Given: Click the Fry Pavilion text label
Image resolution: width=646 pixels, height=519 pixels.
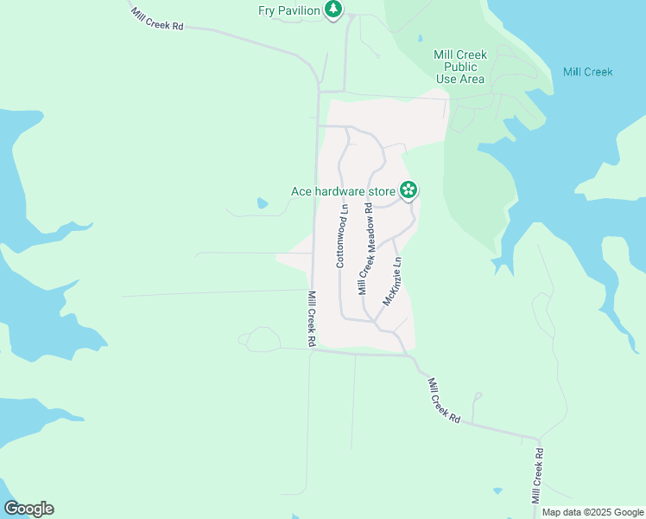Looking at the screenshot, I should pyautogui.click(x=289, y=10).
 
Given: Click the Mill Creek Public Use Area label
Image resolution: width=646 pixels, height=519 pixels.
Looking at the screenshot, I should pyautogui.click(x=459, y=67).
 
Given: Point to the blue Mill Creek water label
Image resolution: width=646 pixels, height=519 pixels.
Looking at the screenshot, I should pyautogui.click(x=587, y=72).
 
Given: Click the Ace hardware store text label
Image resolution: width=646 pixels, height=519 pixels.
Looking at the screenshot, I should pyautogui.click(x=342, y=190).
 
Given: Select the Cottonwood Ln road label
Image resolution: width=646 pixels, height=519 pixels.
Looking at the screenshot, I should pyautogui.click(x=341, y=234).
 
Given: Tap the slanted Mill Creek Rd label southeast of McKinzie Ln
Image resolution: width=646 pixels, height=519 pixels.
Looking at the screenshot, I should pyautogui.click(x=443, y=400).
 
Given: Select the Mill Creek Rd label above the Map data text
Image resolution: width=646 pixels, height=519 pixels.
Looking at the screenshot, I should pyautogui.click(x=537, y=476).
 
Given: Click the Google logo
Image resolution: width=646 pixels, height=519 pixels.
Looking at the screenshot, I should pyautogui.click(x=28, y=509).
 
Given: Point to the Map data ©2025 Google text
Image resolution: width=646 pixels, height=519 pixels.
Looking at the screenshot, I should pyautogui.click(x=592, y=512).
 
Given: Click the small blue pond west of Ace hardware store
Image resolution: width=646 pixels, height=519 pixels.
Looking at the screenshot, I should pyautogui.click(x=262, y=204).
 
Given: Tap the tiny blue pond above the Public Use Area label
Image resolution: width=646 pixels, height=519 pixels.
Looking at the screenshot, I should pyautogui.click(x=420, y=39).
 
